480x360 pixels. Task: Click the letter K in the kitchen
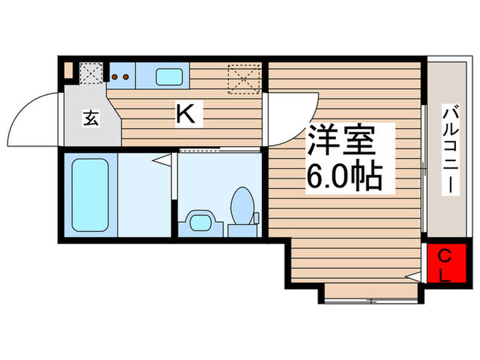click(x=187, y=115)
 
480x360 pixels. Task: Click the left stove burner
click(x=115, y=77)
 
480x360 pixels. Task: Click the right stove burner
click(x=126, y=77)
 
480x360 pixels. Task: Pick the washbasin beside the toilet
click(x=200, y=222)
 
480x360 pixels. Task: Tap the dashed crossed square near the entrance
click(x=91, y=71)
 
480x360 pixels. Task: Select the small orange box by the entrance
click(x=68, y=69)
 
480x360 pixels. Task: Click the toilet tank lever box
click(x=256, y=219)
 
